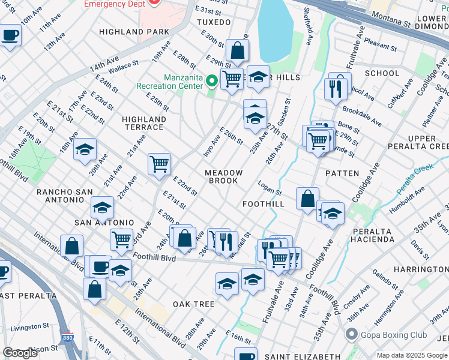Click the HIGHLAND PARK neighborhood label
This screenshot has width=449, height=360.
134,31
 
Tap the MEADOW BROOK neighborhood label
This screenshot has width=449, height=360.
224,177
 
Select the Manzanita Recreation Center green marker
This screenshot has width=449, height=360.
212,80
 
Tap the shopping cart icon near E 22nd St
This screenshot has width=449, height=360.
159,164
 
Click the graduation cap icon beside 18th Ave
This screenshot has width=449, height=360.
85,149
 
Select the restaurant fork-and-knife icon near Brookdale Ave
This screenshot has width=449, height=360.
335,89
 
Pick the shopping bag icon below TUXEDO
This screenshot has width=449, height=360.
238,52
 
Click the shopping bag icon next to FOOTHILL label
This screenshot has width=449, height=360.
307,199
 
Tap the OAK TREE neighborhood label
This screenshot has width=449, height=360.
194,304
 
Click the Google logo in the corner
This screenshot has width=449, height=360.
20,353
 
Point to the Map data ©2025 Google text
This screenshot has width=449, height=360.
412,355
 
